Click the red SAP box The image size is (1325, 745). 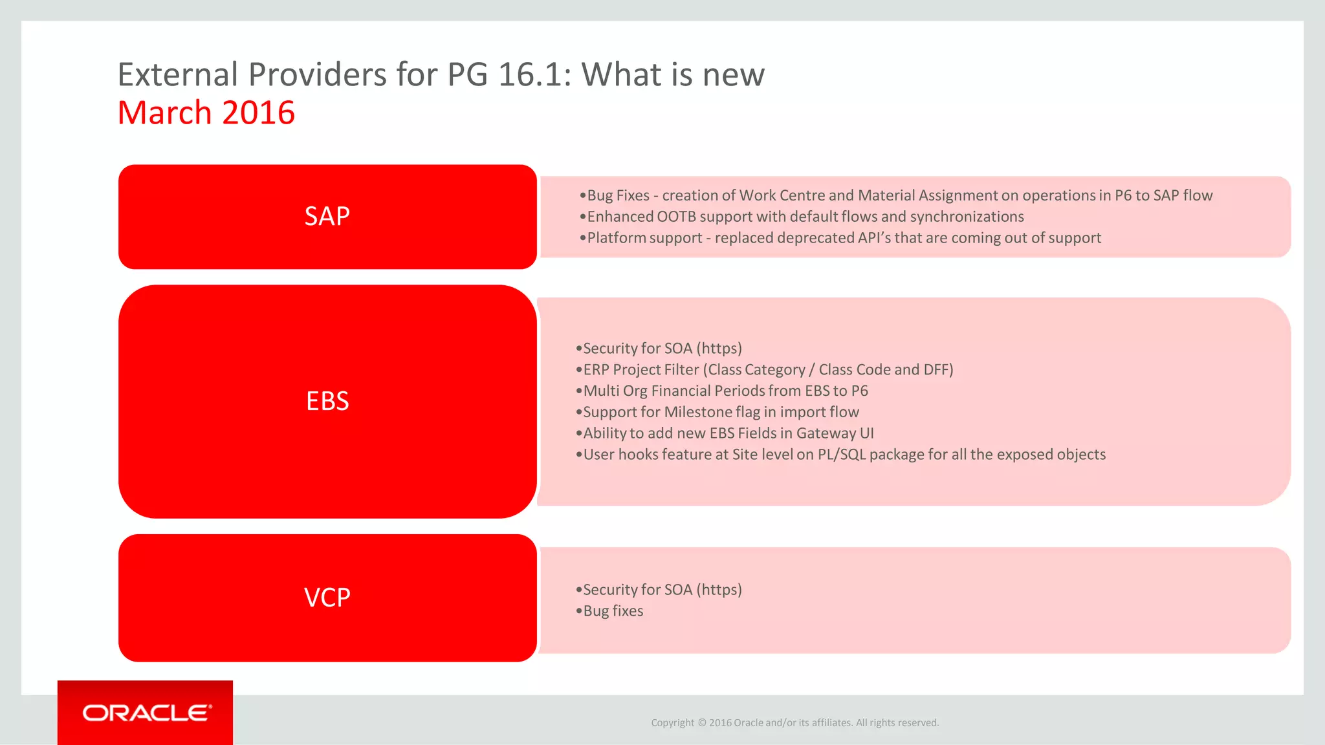(x=327, y=217)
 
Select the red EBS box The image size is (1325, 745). (x=327, y=401)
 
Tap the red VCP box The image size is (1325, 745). (x=327, y=598)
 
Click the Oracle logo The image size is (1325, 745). (x=146, y=713)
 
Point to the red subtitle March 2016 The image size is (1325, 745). (x=206, y=113)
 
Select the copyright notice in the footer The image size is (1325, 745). (x=794, y=722)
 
